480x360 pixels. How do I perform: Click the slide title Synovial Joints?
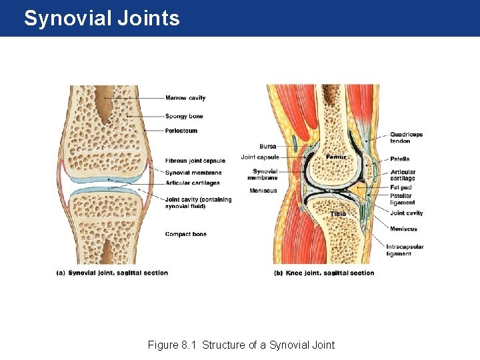tap(101, 18)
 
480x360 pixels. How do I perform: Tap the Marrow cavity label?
tap(185, 98)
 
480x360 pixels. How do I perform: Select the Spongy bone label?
tap(184, 117)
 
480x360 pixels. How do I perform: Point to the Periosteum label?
tap(181, 131)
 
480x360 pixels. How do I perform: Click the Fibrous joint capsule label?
tap(195, 161)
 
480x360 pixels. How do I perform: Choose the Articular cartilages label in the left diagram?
tap(193, 183)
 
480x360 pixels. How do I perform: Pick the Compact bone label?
tap(186, 234)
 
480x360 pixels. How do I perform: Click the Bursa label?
tap(268, 146)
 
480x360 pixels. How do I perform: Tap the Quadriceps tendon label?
tap(406, 137)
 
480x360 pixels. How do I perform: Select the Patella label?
tap(400, 159)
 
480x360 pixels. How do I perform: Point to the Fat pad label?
tap(400, 187)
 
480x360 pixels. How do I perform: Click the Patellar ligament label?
tap(402, 199)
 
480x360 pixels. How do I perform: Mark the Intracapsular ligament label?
tap(405, 250)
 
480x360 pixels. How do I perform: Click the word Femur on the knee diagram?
tap(336, 157)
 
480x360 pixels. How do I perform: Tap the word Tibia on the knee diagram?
tap(339, 213)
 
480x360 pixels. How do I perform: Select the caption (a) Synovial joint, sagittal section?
tap(112, 273)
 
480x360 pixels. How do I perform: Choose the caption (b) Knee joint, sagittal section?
tap(324, 273)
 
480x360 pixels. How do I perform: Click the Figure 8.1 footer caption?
tap(241, 345)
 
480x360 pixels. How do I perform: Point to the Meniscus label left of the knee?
tap(263, 191)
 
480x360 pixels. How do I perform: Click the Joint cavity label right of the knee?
tap(406, 213)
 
